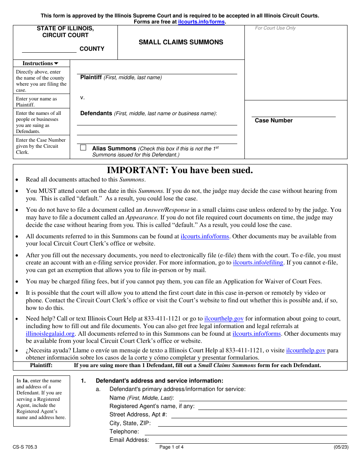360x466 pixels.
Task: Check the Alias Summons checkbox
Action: tap(83, 148)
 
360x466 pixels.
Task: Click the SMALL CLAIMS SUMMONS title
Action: tap(181, 42)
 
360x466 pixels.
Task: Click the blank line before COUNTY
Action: tap(49, 50)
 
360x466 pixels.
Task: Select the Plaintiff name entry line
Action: tap(157, 72)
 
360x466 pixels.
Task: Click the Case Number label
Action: tap(274, 120)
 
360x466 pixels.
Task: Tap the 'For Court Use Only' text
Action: tap(275, 28)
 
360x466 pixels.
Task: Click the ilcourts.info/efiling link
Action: tap(258, 263)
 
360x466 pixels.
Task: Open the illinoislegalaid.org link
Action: tap(50, 334)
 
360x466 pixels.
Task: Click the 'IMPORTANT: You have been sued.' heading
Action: tap(180, 170)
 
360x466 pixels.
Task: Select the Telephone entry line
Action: tap(246, 432)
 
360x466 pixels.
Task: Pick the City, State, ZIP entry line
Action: tap(252, 424)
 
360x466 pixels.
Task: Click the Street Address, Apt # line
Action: tap(259, 416)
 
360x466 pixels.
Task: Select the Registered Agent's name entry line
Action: tap(272, 407)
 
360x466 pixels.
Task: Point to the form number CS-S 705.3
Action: tap(25, 447)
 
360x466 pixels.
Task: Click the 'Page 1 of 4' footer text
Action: tap(171, 447)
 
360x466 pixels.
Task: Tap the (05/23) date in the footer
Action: tap(340, 447)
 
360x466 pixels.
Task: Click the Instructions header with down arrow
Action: tap(41, 64)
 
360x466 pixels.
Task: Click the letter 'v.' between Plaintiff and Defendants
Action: tap(82, 98)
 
